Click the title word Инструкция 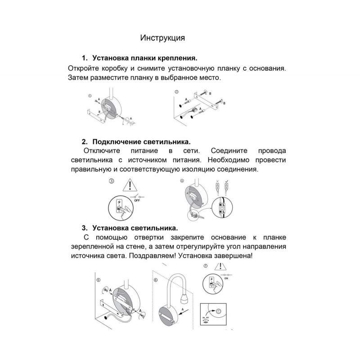[x=162, y=37]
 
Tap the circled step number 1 [x=90, y=95]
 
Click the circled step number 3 [x=112, y=181]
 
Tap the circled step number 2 [x=176, y=91]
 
